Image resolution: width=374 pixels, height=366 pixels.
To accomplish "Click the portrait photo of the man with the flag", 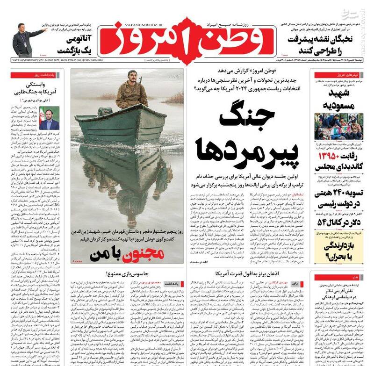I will [49, 118].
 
